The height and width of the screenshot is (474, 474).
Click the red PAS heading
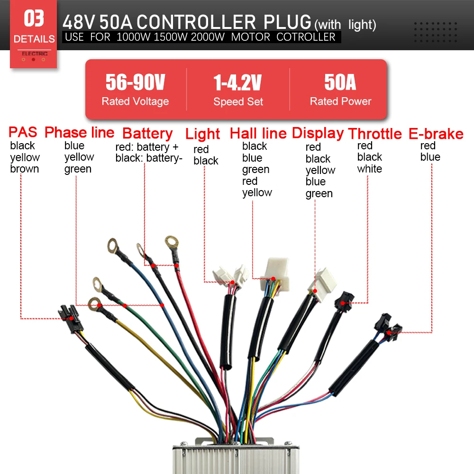click(x=23, y=132)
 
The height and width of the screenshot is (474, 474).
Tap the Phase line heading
click(x=80, y=132)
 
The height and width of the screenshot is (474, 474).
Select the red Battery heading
click(x=147, y=134)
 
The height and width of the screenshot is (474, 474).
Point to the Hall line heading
click(x=258, y=133)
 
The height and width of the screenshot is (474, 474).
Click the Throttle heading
click(x=375, y=134)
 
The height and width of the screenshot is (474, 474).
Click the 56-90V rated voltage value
click(x=135, y=82)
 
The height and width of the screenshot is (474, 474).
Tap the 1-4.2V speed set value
click(x=237, y=82)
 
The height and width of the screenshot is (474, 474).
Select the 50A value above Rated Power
click(x=340, y=82)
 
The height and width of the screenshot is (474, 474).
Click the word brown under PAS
click(x=25, y=169)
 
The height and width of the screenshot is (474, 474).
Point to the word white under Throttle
click(x=369, y=169)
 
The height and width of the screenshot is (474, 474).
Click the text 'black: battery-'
click(x=149, y=158)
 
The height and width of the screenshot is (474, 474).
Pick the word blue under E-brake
click(x=430, y=157)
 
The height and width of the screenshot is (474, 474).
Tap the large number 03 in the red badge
click(x=34, y=18)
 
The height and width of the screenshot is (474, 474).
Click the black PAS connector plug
click(x=71, y=318)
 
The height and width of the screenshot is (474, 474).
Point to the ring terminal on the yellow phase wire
click(x=95, y=304)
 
